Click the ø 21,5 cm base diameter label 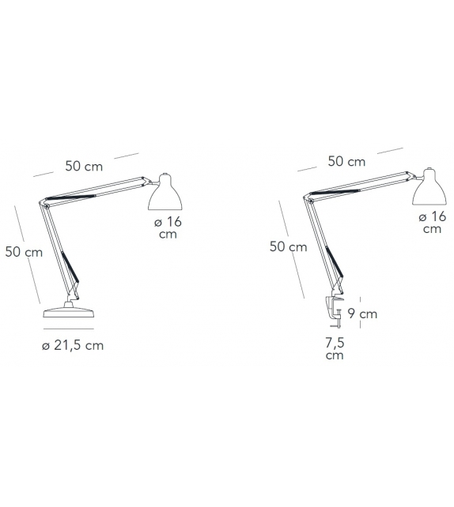click(x=73, y=345)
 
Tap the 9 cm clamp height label click(x=362, y=314)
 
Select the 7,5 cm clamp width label click(x=335, y=348)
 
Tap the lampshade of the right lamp click(x=429, y=187)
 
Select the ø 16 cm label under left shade click(x=168, y=227)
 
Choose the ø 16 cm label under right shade click(x=433, y=223)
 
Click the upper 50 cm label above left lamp click(x=84, y=166)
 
